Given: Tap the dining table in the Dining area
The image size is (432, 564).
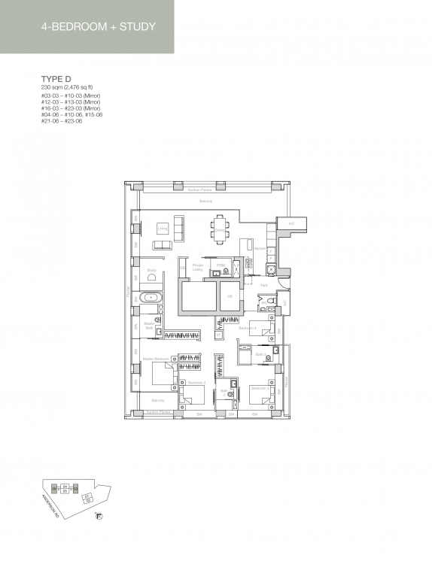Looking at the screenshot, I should click(x=220, y=228).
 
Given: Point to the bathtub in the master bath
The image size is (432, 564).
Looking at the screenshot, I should click(x=152, y=297).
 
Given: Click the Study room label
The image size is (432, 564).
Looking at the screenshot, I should click(x=151, y=269).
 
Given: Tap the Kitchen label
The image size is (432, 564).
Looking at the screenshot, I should click(x=260, y=248).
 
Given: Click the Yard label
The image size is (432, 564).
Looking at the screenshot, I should click(x=263, y=286).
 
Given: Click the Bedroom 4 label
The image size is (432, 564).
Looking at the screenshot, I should click(x=248, y=328).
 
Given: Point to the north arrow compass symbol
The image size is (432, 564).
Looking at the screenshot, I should click(x=99, y=516).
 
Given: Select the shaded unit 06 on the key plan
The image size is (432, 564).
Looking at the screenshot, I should click(x=53, y=490).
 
